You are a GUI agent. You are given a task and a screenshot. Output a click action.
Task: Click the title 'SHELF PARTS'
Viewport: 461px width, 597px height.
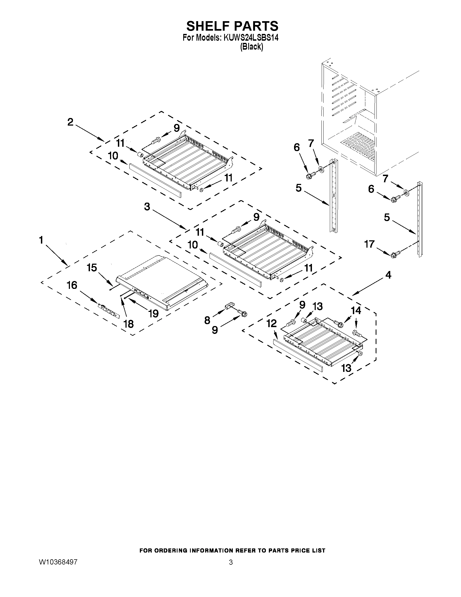point(232,26)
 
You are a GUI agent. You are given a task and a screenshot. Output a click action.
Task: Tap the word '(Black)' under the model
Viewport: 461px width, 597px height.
point(252,47)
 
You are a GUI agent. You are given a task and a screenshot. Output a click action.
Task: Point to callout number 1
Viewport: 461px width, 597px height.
point(41,240)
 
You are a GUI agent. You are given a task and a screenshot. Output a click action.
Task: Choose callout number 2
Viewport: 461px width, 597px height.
point(70,122)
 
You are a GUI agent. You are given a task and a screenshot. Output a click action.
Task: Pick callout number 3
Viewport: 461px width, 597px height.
point(147,207)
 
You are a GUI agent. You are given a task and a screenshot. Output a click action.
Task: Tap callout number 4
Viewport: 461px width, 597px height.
point(388,275)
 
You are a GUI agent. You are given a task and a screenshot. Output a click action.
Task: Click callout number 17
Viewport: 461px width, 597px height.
point(369,244)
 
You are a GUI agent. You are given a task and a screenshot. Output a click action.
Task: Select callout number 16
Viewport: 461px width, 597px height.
point(72,285)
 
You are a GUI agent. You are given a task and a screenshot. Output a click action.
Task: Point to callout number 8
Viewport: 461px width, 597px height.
point(207,320)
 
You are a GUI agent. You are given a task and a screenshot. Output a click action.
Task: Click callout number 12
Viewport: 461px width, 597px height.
point(272,324)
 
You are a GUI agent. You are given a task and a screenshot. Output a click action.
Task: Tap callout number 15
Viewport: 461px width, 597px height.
point(92,268)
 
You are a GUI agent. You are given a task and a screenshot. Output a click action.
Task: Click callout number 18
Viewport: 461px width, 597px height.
point(128,324)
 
